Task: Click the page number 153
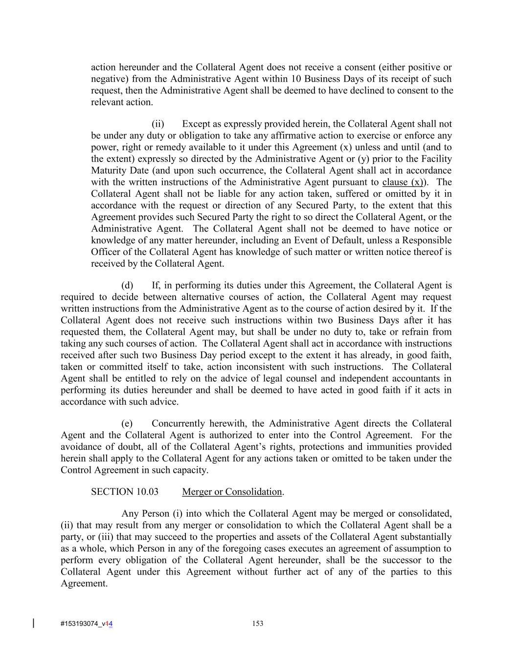tap(258, 623)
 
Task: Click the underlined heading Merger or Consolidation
tap(232, 492)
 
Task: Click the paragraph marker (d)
tap(127, 285)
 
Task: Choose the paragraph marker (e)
tap(127, 423)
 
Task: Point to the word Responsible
tap(427, 240)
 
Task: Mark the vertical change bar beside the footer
tap(33, 623)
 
